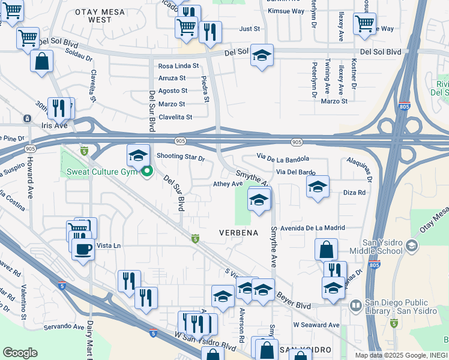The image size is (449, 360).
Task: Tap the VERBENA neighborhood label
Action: click(238, 233)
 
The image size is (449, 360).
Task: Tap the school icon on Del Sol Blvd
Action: click(262, 55)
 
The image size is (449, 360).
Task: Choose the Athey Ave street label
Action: click(228, 184)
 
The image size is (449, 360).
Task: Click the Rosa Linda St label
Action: click(178, 66)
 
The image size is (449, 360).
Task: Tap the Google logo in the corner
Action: click(20, 353)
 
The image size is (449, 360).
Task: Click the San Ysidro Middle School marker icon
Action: click(411, 245)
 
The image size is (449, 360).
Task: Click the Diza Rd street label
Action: click(354, 193)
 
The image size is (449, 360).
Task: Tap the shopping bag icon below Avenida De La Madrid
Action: click(326, 248)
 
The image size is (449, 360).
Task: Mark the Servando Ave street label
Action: click(63, 327)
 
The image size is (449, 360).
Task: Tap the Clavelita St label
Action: click(175, 117)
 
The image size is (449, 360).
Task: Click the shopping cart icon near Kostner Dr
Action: click(364, 23)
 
